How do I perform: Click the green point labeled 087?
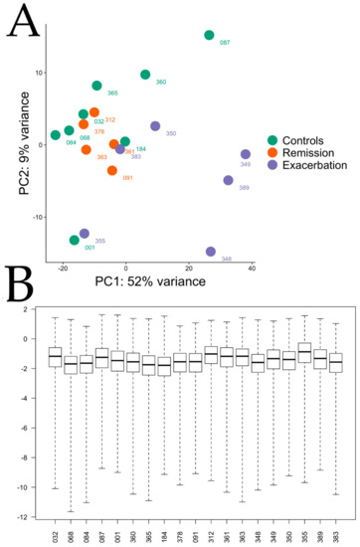click(209, 35)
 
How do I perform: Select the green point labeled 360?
click(146, 75)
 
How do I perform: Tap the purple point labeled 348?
click(211, 252)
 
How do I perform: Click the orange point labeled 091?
click(112, 170)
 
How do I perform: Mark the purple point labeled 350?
click(155, 125)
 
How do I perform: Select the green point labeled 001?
click(75, 240)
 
